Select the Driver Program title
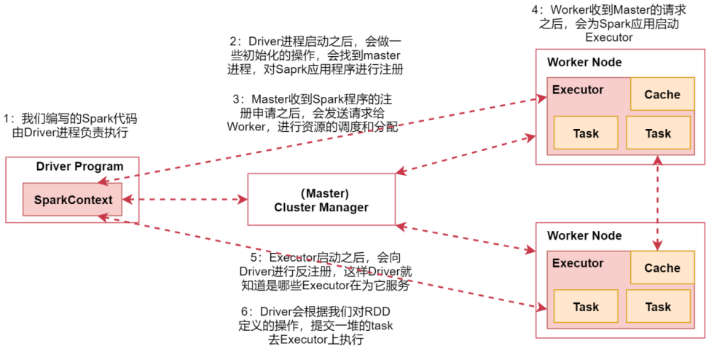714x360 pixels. tap(79, 166)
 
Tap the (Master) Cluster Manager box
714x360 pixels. tap(321, 200)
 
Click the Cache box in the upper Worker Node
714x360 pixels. tap(662, 95)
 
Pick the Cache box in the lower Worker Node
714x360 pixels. tap(662, 268)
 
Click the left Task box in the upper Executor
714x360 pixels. tap(586, 133)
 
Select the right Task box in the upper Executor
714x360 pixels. tap(658, 133)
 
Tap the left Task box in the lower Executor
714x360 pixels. tap(586, 307)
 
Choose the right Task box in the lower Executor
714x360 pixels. tap(658, 307)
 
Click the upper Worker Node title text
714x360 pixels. tap(584, 62)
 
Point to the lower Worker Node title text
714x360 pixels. tap(584, 235)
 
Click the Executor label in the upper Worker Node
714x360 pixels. tap(578, 90)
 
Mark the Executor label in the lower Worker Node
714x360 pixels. tap(578, 263)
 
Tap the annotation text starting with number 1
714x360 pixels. tap(70, 125)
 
